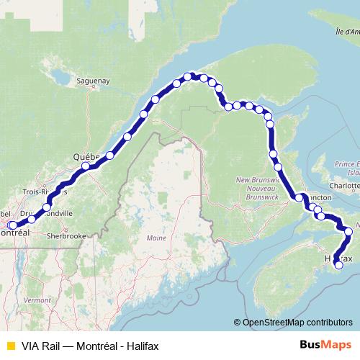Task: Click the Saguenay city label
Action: (x=94, y=82)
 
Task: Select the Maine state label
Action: (x=156, y=238)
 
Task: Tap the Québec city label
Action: (x=86, y=157)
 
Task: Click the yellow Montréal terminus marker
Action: (x=12, y=225)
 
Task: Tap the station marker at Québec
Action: (x=86, y=167)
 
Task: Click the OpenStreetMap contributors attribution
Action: (x=297, y=322)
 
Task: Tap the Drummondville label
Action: (x=47, y=214)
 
